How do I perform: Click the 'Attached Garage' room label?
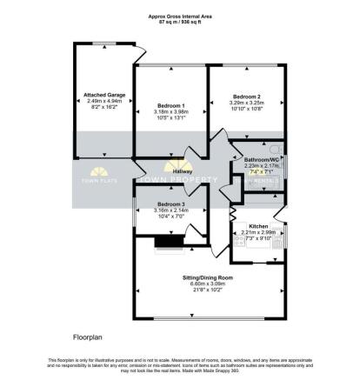(101, 94)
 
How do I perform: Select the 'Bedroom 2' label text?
(247, 96)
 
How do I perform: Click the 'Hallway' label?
(181, 171)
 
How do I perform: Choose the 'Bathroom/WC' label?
(261, 159)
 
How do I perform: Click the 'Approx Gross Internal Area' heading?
(180, 16)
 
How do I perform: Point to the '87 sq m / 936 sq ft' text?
(180, 22)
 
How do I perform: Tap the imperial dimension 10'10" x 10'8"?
(247, 109)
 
